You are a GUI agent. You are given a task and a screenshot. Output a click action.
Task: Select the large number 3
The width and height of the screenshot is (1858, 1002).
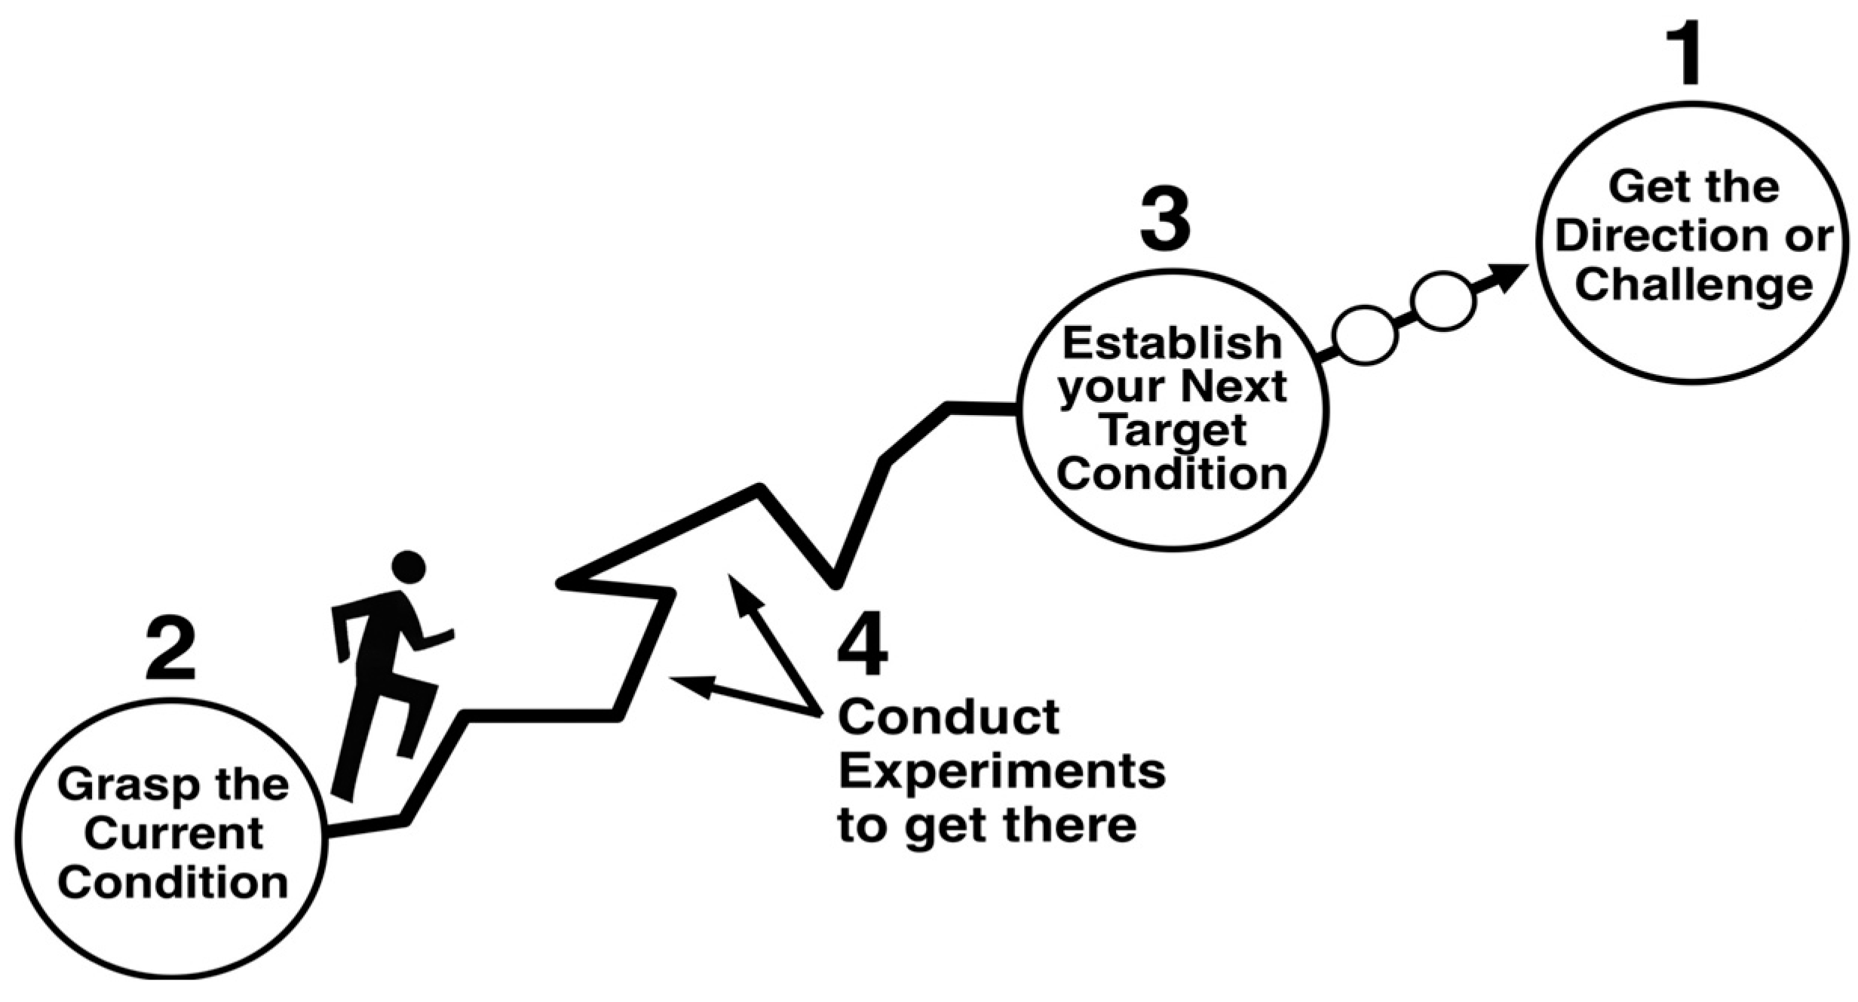pos(1165,220)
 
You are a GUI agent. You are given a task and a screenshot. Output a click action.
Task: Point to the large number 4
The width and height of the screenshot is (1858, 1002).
pos(863,645)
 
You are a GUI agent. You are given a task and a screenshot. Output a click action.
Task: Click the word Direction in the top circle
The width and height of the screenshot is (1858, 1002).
pos(1642,236)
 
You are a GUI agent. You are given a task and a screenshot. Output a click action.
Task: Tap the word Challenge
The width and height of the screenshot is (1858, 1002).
pos(1694,285)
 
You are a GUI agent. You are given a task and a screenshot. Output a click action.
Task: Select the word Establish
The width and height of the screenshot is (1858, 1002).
pos(1172,343)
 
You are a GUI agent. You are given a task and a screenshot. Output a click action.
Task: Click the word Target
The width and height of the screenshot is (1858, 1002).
pos(1173,430)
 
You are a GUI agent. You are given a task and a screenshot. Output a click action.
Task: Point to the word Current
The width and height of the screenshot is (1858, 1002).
pos(173,834)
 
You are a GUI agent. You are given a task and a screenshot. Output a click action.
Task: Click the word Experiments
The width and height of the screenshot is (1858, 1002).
pos(1002,771)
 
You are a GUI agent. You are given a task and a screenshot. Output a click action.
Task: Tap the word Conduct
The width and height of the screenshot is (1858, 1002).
pos(949,717)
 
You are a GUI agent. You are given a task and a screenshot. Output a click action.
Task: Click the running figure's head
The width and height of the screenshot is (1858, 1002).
pos(409,567)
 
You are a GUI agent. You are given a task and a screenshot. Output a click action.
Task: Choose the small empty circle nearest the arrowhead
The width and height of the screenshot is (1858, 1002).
pos(1443,301)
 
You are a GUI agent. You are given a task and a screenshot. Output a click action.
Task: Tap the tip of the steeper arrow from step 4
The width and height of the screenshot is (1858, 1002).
pos(731,578)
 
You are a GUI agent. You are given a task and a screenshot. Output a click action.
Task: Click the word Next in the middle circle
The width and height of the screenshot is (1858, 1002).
pos(1234,387)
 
